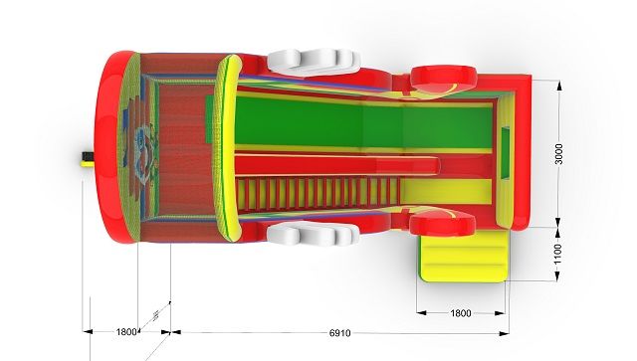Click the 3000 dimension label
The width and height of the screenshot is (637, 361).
[x=559, y=154]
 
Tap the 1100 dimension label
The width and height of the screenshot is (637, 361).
[x=558, y=254]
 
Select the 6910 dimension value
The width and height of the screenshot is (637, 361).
[x=339, y=333]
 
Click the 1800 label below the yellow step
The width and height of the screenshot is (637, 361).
[x=461, y=313]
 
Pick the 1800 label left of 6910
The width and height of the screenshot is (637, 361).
[x=126, y=332]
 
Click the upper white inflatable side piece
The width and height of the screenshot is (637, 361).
[x=314, y=62]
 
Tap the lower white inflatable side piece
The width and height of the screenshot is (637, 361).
[x=313, y=235]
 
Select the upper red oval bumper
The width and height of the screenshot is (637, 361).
[x=443, y=80]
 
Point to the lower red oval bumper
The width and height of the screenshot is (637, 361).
[x=442, y=224]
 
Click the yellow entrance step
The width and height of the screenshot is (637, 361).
[x=464, y=256]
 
